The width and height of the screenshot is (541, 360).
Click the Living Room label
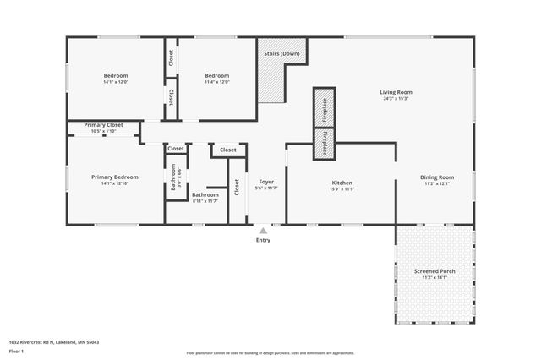coord(395,92)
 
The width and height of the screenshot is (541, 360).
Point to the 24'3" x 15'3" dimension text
coord(395,99)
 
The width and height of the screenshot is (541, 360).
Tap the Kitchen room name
coord(342,183)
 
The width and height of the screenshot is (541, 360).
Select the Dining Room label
coord(437,177)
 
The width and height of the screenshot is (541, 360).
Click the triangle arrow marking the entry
coord(263,230)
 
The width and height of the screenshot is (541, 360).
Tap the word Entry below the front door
coord(263,241)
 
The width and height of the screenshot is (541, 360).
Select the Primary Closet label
coord(103,125)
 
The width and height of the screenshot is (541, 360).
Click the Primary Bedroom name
coord(114,177)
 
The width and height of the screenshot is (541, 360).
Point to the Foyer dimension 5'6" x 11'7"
coord(265,188)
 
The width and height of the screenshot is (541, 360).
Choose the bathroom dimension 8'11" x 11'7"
coord(205,201)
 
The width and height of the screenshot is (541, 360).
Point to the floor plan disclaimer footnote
coord(270,352)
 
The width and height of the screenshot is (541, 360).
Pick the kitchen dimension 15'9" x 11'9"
coord(342,189)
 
